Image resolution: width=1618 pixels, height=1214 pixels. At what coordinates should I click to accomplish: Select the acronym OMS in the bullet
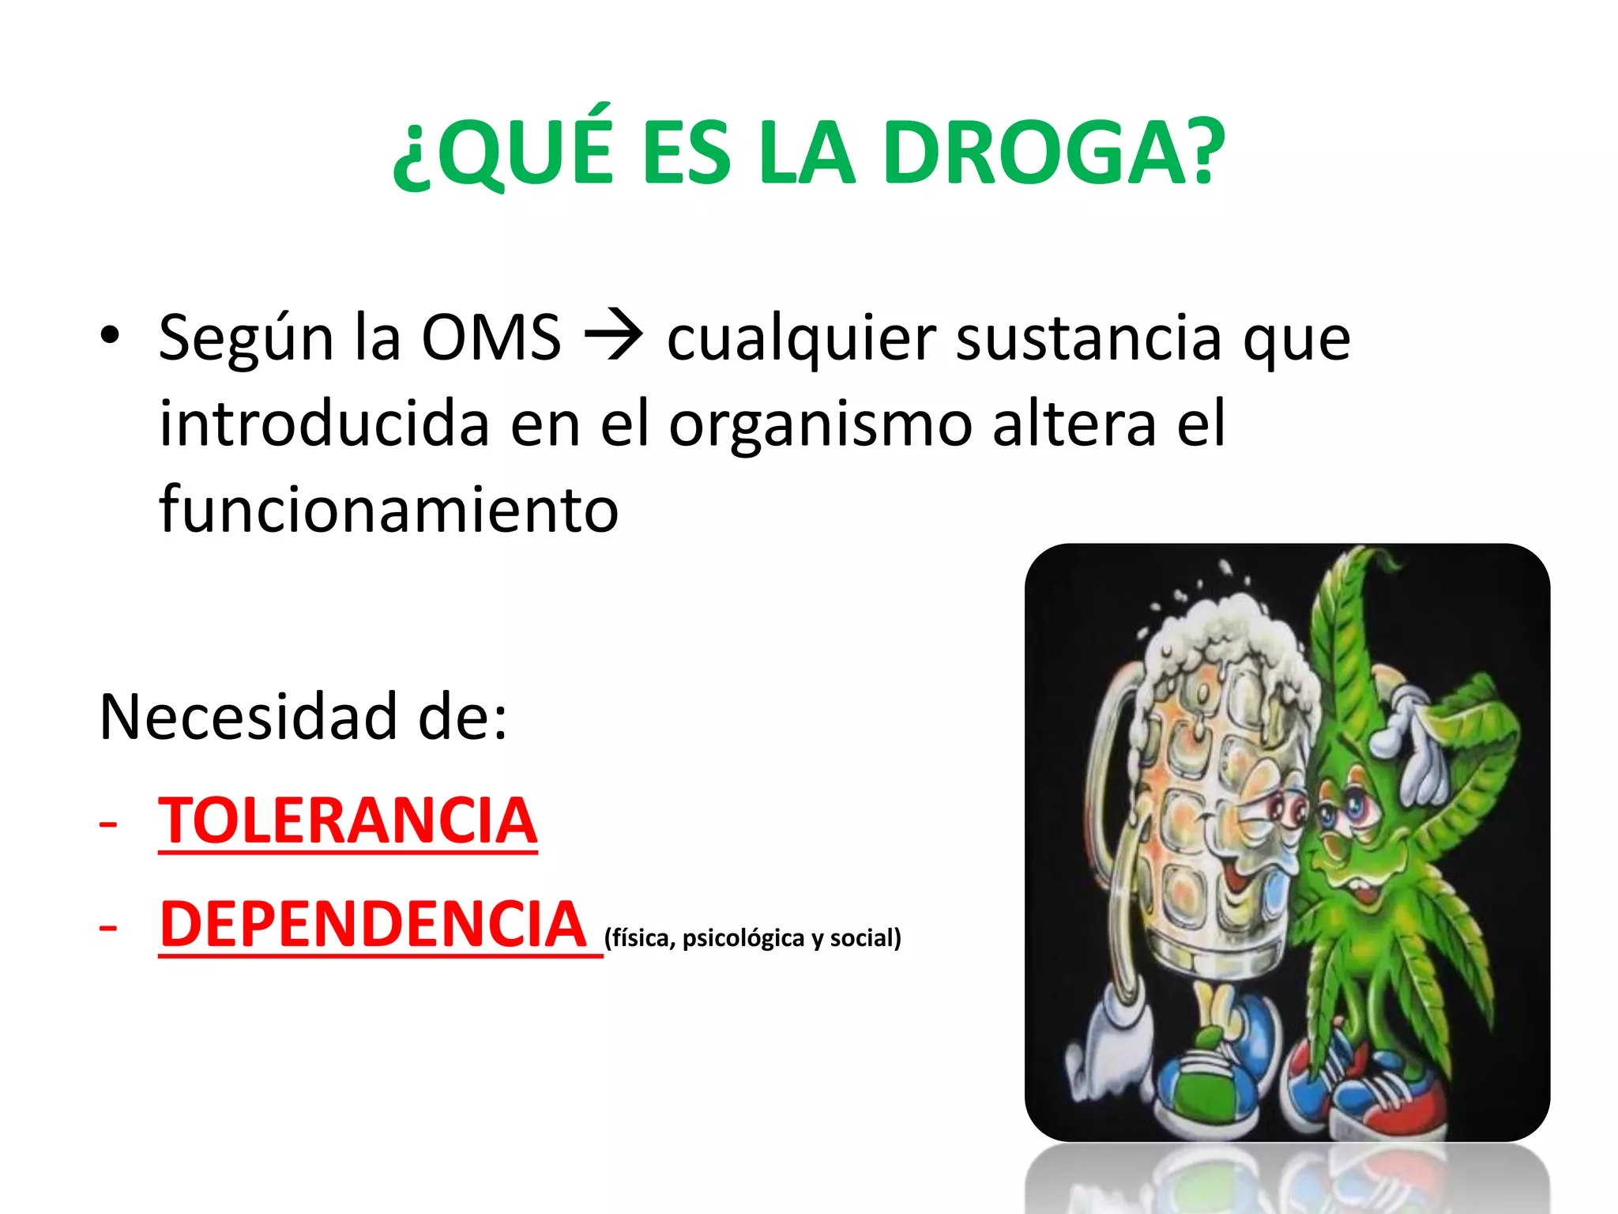pos(491,338)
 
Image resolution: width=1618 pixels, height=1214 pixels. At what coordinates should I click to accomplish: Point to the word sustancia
pos(1089,338)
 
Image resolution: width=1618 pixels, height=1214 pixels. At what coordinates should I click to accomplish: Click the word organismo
pos(820,424)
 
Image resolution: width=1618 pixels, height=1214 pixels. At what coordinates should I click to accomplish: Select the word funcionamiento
pos(389,510)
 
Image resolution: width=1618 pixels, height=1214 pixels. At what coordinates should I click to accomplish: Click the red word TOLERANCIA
pos(348,821)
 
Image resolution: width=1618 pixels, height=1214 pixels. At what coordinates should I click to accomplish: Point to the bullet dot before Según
pos(110,336)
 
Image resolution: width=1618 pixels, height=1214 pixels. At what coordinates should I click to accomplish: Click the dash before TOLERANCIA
pos(108,823)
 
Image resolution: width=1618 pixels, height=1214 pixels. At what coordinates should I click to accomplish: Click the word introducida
pos(324,424)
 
